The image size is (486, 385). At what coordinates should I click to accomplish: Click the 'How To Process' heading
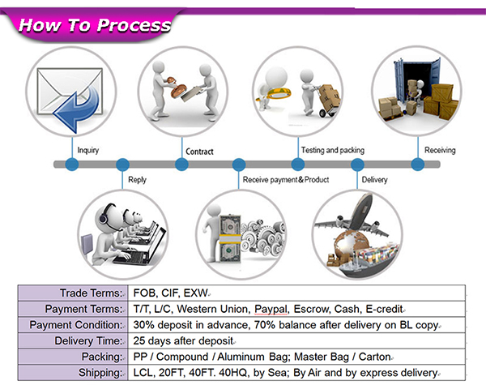point(94,24)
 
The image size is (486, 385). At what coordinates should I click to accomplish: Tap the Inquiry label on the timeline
point(88,150)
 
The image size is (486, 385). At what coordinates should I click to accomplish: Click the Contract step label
point(200,152)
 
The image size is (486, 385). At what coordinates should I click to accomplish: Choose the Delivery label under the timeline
point(374,179)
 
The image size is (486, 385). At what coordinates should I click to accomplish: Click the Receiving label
point(440,150)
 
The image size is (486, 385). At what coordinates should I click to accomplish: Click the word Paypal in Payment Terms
point(273,309)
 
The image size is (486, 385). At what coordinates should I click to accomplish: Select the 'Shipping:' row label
point(96,374)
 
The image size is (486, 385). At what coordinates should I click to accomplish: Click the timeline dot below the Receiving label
point(418,165)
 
